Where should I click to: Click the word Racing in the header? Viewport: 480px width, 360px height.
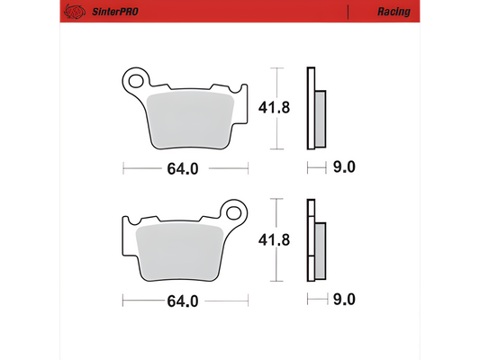point(393,12)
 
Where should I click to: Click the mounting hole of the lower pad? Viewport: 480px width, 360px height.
point(236,212)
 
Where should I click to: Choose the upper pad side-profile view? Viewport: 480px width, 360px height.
point(315,108)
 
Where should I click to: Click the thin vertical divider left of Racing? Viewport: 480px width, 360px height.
point(348,12)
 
